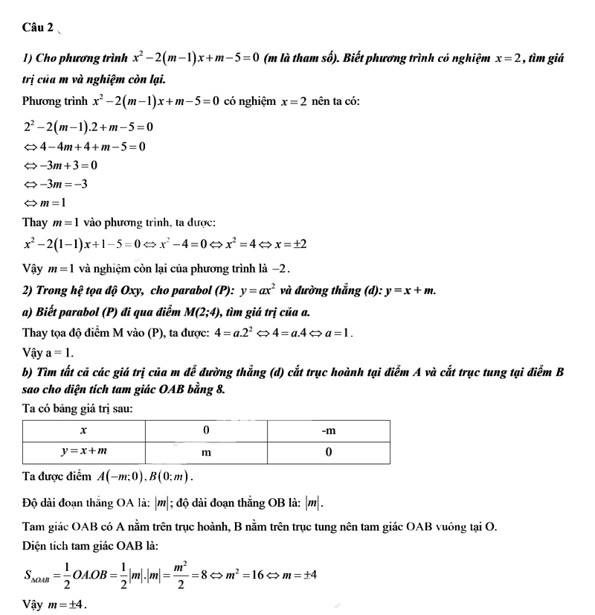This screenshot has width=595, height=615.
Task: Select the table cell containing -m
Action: (x=329, y=431)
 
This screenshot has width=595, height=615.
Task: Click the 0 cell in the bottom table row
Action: (x=329, y=453)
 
